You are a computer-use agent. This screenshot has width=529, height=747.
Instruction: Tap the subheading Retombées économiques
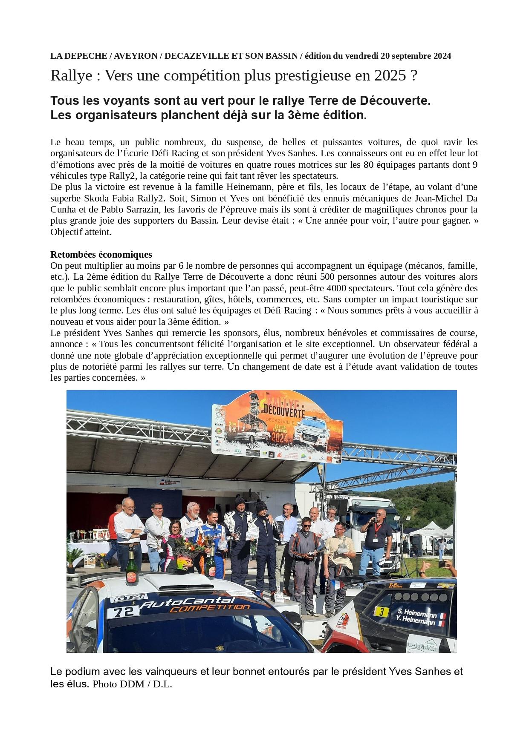[101, 254]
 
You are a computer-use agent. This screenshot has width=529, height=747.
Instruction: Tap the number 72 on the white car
[123, 612]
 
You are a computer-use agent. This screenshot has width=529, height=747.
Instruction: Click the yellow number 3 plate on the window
[382, 612]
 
